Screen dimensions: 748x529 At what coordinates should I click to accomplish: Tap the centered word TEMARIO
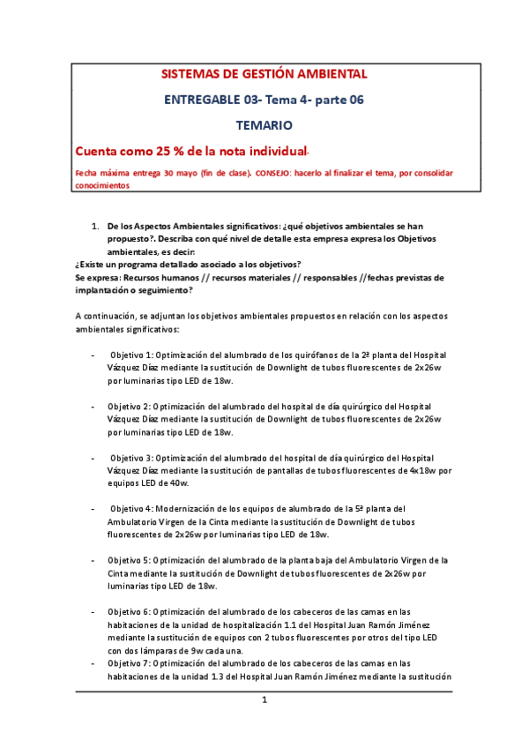(264, 126)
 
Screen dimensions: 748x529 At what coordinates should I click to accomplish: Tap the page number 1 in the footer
(264, 700)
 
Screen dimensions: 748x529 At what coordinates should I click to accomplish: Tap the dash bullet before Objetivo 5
(93, 560)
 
